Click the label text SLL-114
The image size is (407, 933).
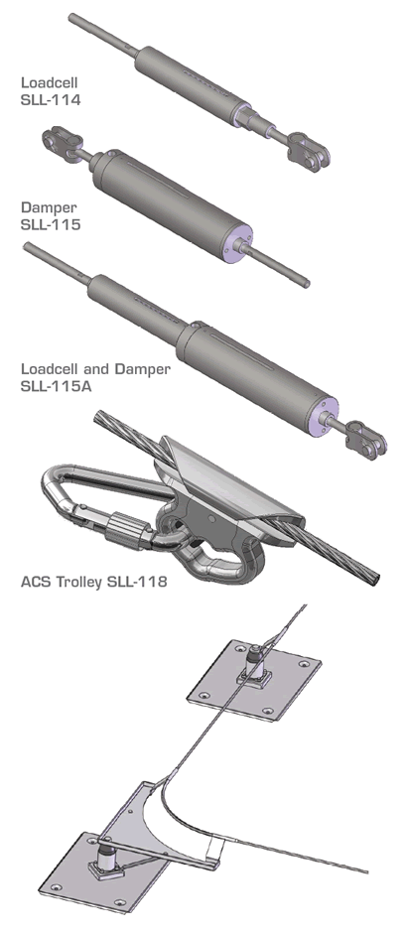(x=50, y=99)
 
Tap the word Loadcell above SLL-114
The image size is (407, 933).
(x=50, y=82)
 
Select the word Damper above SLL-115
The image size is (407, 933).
(x=50, y=207)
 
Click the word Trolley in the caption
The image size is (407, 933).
(x=79, y=582)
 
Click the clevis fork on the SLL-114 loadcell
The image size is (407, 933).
(x=309, y=149)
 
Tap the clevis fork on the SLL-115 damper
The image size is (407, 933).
(x=62, y=142)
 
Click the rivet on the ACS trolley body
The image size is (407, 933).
(x=210, y=518)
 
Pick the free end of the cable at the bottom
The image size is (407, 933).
(x=366, y=872)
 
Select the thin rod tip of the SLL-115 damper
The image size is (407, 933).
(x=307, y=284)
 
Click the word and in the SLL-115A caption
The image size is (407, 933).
(x=98, y=369)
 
